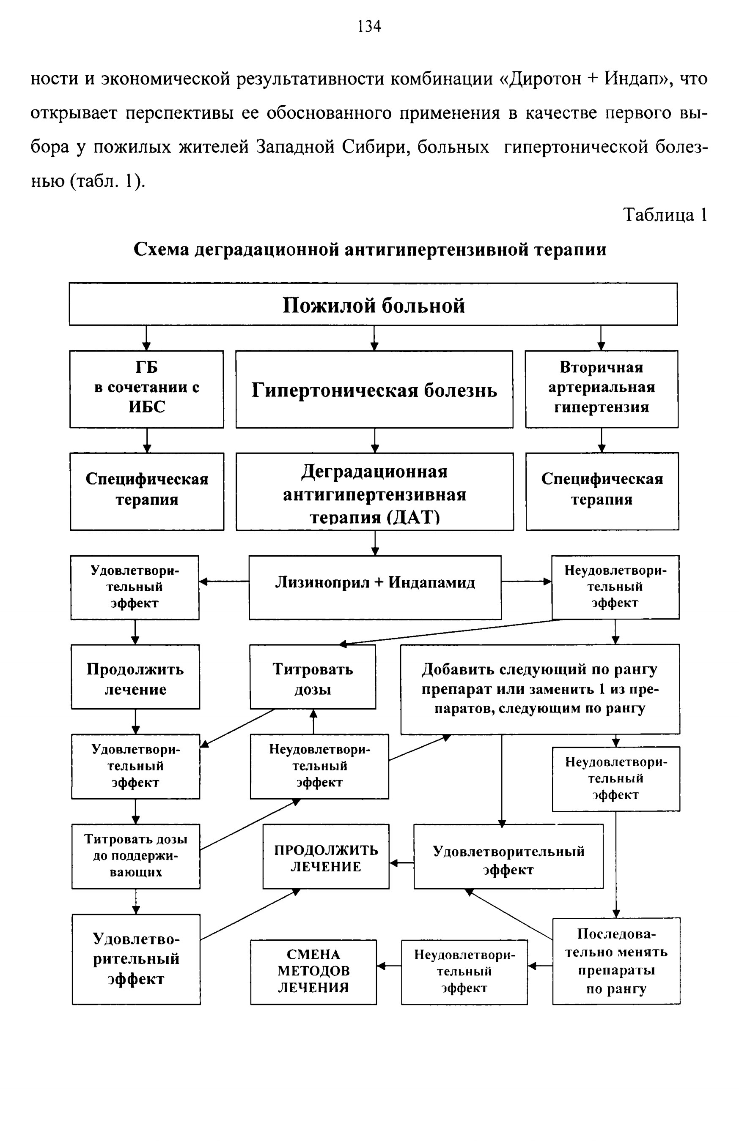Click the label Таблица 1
coord(665,214)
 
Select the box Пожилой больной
coord(374,304)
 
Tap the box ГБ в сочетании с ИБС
coord(147,389)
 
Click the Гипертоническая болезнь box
coord(374,389)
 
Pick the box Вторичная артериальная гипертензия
coord(602,389)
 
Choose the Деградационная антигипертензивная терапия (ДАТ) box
coord(375,491)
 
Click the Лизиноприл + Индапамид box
coord(375,587)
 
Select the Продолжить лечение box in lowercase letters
coord(135,677)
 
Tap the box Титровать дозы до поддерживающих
coord(136,856)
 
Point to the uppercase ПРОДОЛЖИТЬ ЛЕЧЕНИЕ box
coord(326,856)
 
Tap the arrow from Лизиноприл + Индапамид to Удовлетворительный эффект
coord(224,581)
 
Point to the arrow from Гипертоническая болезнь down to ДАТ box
coord(375,440)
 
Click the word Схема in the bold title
coord(161,249)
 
